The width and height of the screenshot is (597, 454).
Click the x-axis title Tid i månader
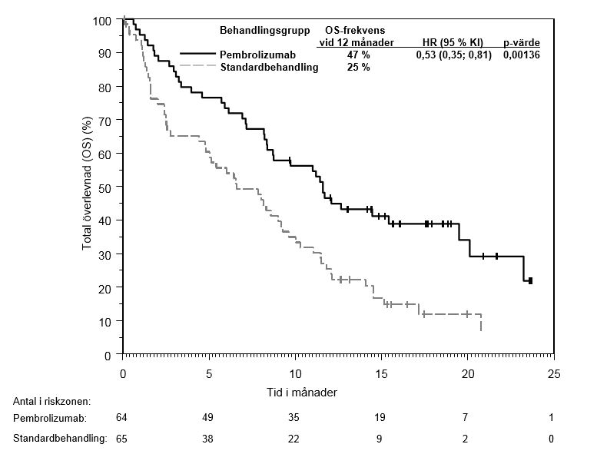[301, 392]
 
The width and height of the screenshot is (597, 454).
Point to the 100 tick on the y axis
[102, 20]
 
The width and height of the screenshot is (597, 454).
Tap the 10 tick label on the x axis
[296, 374]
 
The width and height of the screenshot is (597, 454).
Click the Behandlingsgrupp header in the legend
[265, 30]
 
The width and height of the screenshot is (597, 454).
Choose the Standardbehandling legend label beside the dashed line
[270, 68]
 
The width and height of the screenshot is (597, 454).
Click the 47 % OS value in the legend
[358, 55]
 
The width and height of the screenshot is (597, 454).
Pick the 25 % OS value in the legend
[358, 68]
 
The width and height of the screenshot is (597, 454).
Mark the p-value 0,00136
[522, 55]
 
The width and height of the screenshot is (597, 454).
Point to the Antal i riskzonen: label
[52, 401]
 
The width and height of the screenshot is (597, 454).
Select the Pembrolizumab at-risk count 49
[207, 417]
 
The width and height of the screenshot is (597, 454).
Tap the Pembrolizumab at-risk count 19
[380, 417]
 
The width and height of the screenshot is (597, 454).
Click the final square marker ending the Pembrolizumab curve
[530, 281]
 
